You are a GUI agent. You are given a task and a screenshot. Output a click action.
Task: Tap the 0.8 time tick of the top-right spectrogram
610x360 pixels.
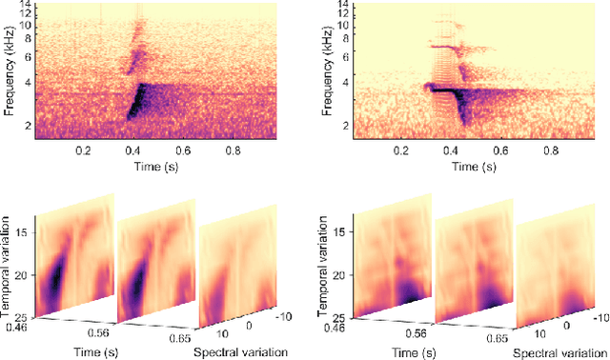[551, 150]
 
